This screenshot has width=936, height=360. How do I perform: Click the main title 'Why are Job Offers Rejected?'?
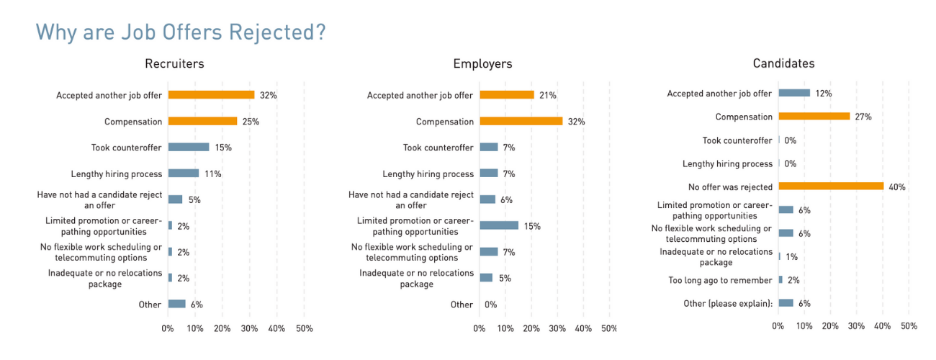pos(180,32)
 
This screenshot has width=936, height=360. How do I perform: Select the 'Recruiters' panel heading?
pos(174,63)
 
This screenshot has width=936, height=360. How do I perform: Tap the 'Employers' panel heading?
pos(482,63)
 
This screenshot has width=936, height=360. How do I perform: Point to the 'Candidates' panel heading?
pos(783,63)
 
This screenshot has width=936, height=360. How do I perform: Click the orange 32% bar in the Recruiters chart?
pos(211,95)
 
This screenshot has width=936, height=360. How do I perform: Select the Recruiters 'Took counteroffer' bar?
pos(189,147)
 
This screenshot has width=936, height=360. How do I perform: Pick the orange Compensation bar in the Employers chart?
pos(521,121)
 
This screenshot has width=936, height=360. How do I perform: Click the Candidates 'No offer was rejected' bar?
pos(831,186)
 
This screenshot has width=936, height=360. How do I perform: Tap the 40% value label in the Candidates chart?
pos(897,187)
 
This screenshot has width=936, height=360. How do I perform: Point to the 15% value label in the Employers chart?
pos(532,226)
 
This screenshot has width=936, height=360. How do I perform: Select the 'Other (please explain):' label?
pos(728,303)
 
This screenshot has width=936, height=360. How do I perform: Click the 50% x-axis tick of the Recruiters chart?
pos(304,328)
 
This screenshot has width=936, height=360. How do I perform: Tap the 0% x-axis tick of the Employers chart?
pos(480,328)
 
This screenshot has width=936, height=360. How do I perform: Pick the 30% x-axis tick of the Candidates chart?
pos(856,326)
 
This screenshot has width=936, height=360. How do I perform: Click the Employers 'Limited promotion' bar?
pos(499,225)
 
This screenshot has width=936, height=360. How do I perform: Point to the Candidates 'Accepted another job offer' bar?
pos(794,93)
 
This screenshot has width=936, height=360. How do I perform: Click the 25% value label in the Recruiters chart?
pos(251,122)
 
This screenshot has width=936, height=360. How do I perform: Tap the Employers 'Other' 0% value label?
pos(490,305)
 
